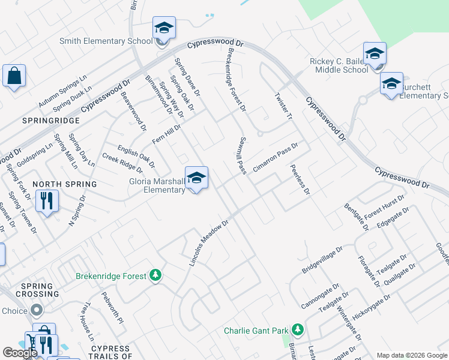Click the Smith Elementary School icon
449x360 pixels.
point(164,28)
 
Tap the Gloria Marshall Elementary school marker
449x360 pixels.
point(196,178)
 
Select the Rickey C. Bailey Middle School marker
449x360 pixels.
point(375,54)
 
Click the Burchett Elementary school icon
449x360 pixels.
point(391,84)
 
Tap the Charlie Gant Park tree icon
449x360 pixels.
point(297,330)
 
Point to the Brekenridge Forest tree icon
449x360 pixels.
point(155,276)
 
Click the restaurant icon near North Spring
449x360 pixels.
point(47,200)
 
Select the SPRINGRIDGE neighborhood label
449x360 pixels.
point(43,121)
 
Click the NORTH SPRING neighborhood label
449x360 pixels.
point(64,184)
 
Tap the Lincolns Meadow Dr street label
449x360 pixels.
point(209,243)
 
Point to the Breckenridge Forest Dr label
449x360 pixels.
point(235,80)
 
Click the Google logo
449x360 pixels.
point(20,353)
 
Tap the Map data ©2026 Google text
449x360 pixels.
point(411,355)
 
